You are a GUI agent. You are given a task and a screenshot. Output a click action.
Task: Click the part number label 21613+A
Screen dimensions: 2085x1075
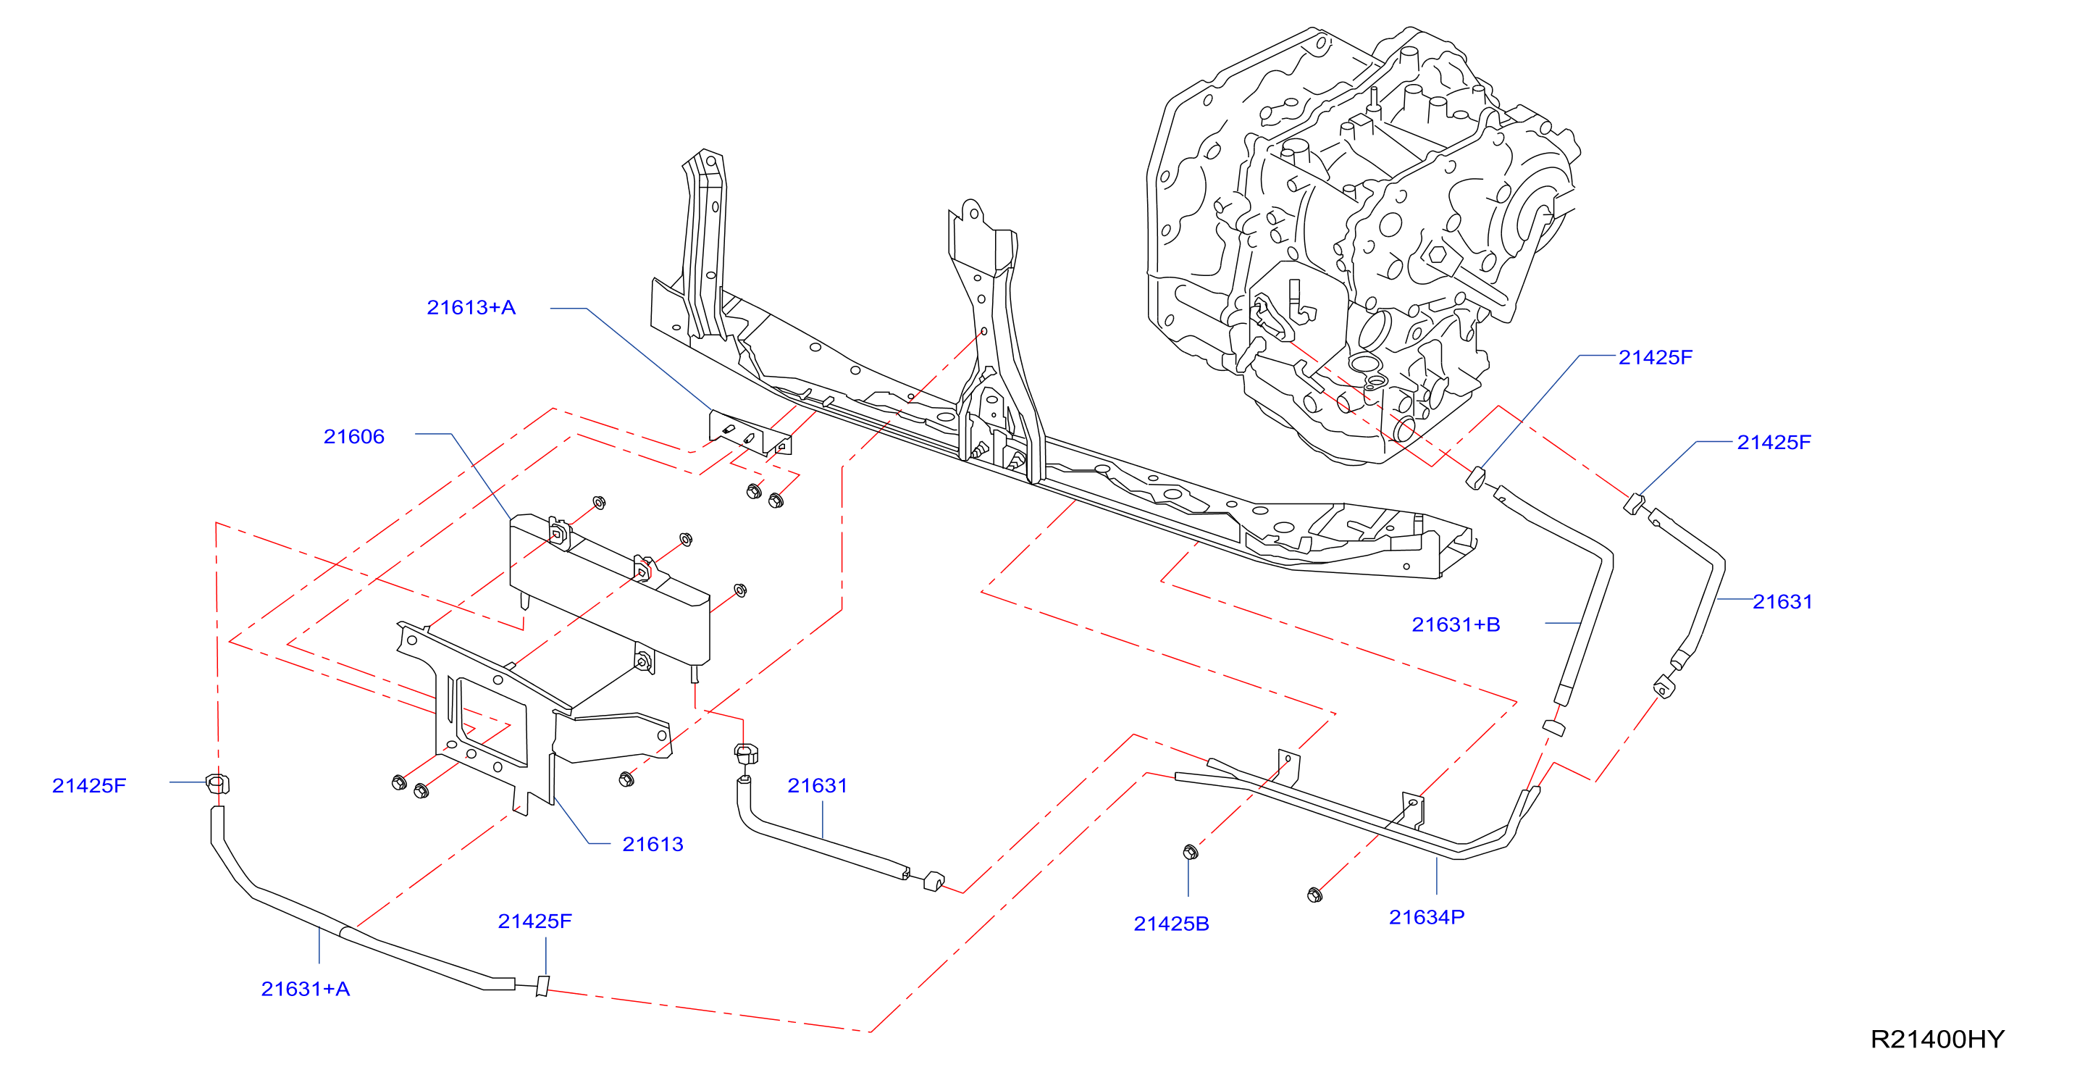[470, 308]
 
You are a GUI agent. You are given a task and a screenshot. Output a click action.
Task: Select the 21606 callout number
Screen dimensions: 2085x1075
[353, 436]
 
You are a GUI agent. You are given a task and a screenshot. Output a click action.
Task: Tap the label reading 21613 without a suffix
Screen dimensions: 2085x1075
[653, 845]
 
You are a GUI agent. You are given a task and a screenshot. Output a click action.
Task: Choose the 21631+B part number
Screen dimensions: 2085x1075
[1455, 624]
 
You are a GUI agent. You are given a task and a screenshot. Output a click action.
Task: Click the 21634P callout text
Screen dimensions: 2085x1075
[1426, 917]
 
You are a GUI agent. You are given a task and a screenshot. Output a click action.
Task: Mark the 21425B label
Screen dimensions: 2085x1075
[1171, 924]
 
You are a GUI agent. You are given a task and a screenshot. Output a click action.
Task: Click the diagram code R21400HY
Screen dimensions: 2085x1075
[1937, 1039]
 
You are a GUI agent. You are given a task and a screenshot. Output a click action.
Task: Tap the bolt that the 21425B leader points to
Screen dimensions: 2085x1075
[1190, 852]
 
